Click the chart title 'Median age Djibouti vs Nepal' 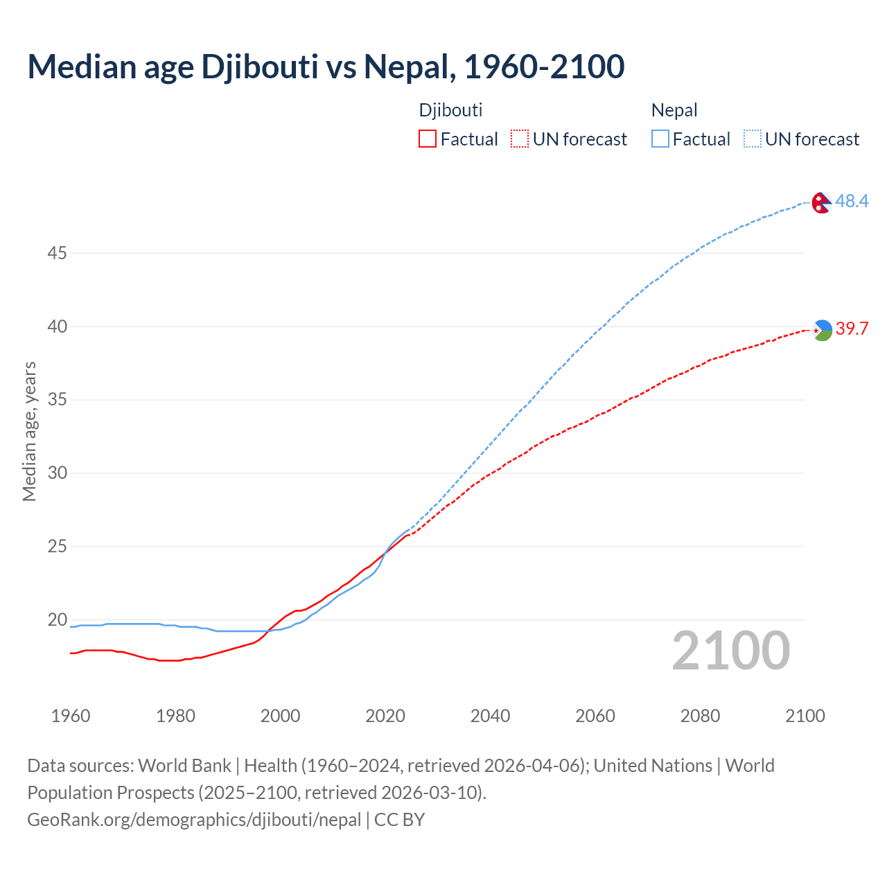coord(326,67)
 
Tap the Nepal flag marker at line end coord(822,202)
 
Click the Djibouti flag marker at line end coord(822,330)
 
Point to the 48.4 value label coord(852,202)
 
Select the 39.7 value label coord(852,329)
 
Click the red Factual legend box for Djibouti coord(428,139)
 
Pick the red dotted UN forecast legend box coord(520,139)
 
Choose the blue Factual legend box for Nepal coord(660,139)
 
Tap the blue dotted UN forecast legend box coord(753,139)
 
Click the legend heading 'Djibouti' coord(450,110)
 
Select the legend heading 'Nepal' coord(674,110)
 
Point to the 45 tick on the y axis coord(57,254)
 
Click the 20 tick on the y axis coord(57,620)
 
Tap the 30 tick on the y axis coord(57,473)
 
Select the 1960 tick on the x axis coord(71,716)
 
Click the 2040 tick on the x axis coord(490,716)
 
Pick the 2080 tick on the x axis coord(700,716)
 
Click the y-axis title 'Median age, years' coord(29,431)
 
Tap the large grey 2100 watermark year coord(730,651)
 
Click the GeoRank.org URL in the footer coord(194,820)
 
